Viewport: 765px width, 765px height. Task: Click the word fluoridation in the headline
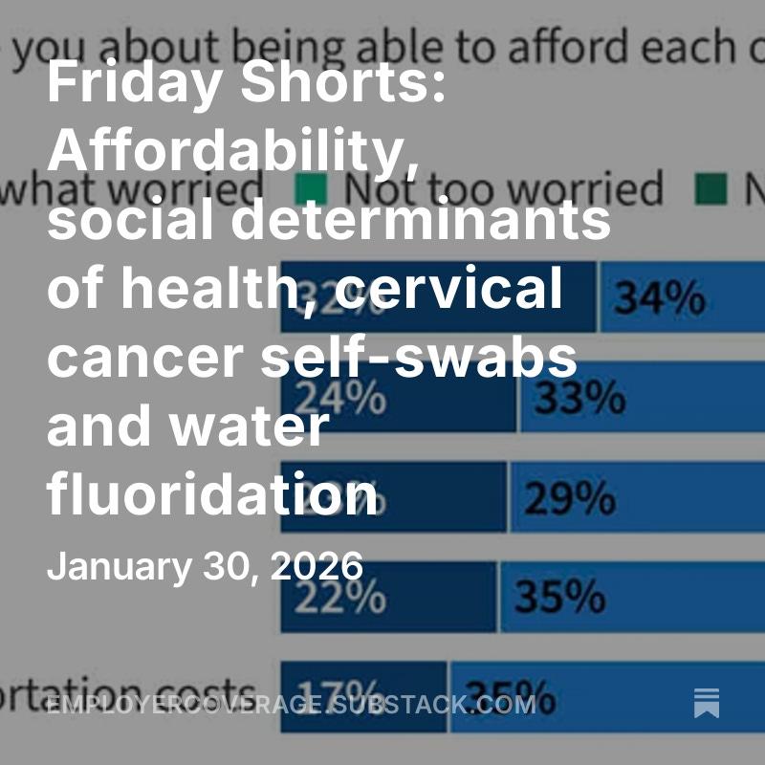(x=212, y=495)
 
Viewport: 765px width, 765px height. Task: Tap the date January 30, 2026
(x=205, y=566)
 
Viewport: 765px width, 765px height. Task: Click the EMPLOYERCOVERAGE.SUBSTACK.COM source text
(x=291, y=707)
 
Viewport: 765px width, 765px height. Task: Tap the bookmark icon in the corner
(x=707, y=703)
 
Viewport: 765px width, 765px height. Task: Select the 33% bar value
(x=579, y=399)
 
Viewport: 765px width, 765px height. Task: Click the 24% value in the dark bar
(x=341, y=399)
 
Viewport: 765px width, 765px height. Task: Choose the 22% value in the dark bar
(x=341, y=598)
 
